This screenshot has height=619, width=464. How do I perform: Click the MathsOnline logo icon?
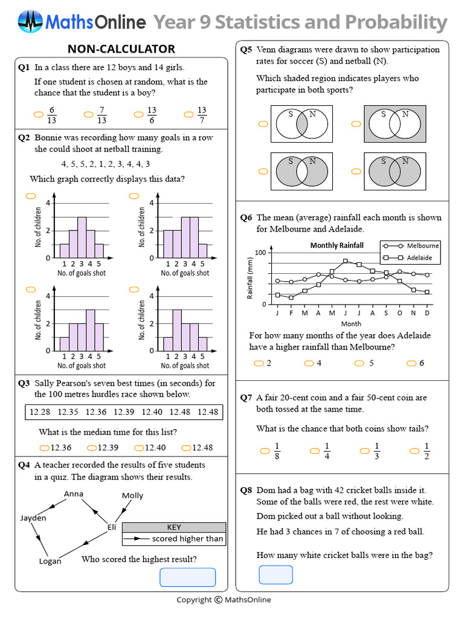30,22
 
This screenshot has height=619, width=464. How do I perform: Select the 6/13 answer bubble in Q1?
39,113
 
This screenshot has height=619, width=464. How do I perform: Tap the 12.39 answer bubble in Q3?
92,448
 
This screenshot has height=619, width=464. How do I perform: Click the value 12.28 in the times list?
40,412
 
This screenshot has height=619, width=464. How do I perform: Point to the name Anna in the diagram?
74,494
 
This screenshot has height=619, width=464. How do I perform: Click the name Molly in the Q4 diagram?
132,496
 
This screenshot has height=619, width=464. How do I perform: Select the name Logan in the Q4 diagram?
50,561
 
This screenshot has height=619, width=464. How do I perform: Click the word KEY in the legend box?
173,527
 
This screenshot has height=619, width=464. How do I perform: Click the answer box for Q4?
187,577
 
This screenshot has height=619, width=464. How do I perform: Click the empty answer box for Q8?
275,574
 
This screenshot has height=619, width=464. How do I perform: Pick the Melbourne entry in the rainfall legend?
422,246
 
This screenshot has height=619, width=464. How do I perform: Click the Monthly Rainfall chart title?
337,245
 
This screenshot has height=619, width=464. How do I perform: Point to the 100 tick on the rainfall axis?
260,252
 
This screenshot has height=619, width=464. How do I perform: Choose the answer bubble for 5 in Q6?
359,363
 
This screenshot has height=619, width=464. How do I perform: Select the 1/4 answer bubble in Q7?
314,451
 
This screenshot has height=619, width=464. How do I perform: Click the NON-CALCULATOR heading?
121,49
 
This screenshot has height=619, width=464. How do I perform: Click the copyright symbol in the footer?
217,600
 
